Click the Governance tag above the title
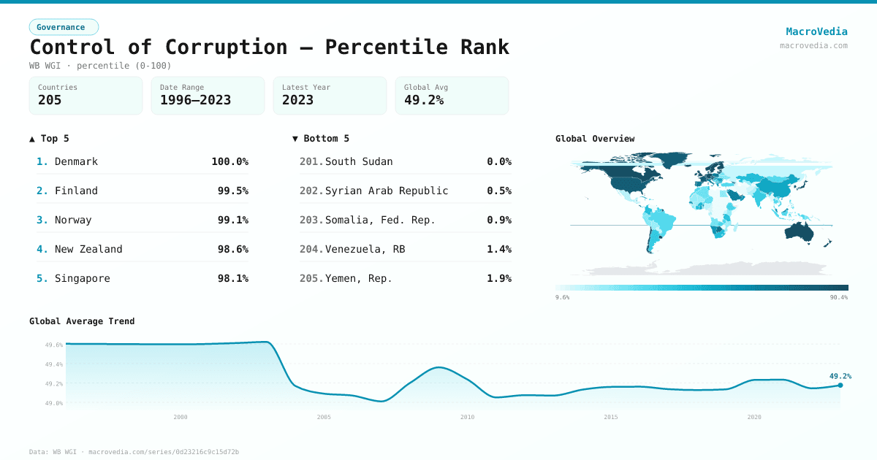[x=64, y=27]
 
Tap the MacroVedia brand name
[x=816, y=31]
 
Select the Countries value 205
[x=50, y=100]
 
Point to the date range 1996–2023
[x=195, y=100]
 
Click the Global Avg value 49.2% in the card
[x=424, y=100]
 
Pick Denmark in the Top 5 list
[x=76, y=161]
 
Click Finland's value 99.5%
[x=232, y=191]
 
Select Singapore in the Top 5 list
[x=83, y=278]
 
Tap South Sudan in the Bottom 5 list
[x=359, y=161]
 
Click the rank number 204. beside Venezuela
[x=311, y=249]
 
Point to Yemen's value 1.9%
[x=499, y=278]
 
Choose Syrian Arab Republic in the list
[x=387, y=191]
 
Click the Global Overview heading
[x=595, y=139]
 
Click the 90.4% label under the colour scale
[x=838, y=297]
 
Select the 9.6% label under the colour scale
[x=563, y=297]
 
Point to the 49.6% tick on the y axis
[x=54, y=345]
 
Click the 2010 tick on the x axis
[x=467, y=417]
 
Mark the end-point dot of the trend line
[x=840, y=386]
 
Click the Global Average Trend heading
[x=82, y=321]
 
